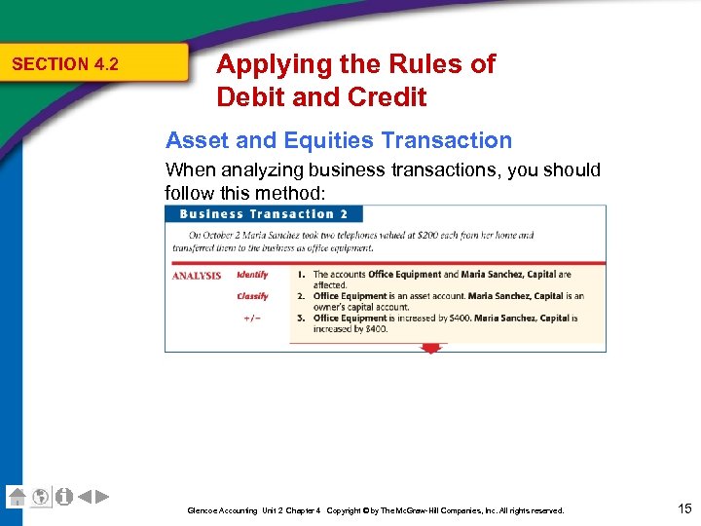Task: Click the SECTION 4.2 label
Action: [64, 64]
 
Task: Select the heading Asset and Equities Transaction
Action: [338, 140]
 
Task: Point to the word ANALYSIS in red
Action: [197, 276]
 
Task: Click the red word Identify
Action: [252, 275]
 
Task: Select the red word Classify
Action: [252, 296]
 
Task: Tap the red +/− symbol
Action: [251, 319]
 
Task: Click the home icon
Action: [17, 496]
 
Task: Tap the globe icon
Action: [41, 496]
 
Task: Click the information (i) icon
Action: [64, 496]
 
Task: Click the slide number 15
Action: [683, 507]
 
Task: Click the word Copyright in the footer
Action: [347, 510]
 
